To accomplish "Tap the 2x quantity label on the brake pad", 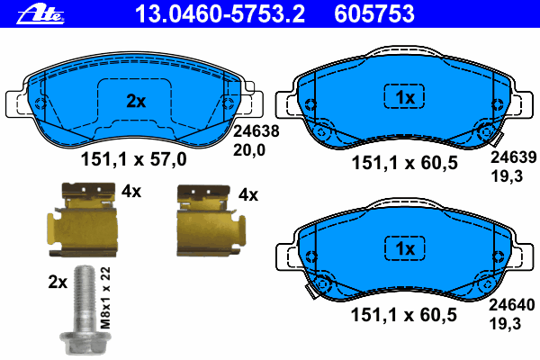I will coord(136,102).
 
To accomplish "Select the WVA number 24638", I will coord(256,131).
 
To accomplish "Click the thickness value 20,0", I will coord(249,150).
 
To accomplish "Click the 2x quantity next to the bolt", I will coord(58,282).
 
